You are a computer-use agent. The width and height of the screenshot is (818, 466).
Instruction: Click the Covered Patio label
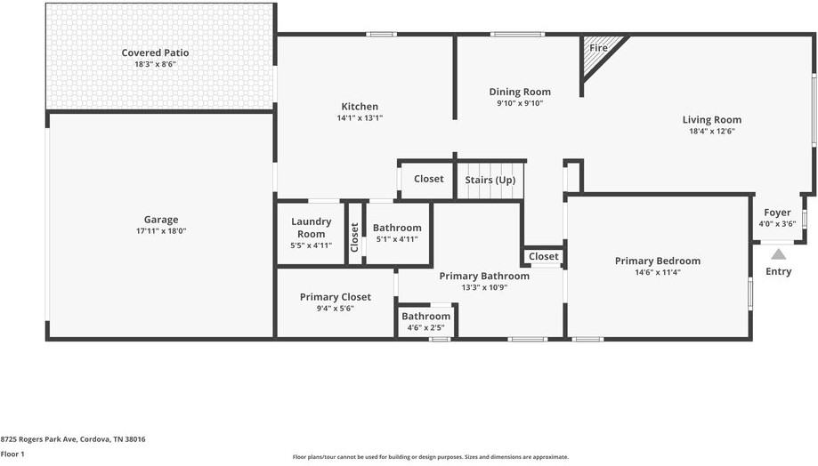(155, 52)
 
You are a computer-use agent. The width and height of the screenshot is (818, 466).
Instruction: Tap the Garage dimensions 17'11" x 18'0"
(161, 231)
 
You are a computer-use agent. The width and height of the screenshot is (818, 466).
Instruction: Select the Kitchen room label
(360, 107)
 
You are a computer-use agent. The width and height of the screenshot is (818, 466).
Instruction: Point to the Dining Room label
(520, 92)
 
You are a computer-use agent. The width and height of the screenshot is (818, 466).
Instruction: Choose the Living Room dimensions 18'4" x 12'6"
(711, 131)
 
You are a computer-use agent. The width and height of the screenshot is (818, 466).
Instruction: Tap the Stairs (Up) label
(490, 180)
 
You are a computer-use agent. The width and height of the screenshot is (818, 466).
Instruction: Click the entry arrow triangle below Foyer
(778, 254)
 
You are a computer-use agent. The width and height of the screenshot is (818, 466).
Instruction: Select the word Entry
(778, 271)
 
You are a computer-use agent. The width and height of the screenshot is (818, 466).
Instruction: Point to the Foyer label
(777, 213)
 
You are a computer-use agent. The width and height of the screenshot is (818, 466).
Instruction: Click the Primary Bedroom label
(657, 261)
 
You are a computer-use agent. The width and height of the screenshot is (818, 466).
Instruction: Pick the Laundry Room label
(312, 228)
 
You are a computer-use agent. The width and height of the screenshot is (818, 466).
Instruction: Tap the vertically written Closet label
(354, 237)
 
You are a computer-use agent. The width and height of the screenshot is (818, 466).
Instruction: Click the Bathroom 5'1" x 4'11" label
(397, 228)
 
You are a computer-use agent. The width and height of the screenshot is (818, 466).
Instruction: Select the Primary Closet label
(335, 297)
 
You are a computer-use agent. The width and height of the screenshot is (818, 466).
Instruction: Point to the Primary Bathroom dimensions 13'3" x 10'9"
(484, 287)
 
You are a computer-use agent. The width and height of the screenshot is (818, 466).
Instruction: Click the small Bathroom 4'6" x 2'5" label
(425, 317)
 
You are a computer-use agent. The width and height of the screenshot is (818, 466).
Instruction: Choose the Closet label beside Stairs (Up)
(428, 179)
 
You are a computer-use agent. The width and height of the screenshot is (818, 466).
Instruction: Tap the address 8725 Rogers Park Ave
(73, 439)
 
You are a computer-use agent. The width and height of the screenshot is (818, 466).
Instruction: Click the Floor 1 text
(12, 454)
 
